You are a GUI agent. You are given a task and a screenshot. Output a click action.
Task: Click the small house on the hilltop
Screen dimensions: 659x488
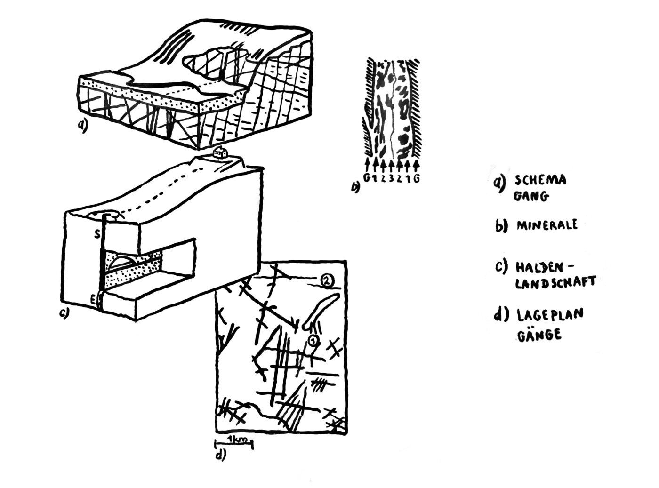[220, 152]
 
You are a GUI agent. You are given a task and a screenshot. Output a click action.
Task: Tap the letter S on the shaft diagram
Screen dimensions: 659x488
[97, 234]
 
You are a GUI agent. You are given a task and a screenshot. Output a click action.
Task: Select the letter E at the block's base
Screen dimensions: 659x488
[93, 301]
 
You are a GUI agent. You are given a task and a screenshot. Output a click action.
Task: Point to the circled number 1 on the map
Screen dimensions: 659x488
[313, 340]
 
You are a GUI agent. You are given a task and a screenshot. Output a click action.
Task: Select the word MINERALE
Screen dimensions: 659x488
[547, 225]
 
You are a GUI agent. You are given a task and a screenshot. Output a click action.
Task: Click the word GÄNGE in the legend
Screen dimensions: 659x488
[539, 334]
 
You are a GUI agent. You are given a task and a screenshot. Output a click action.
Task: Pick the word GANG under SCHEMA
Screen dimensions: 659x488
[530, 197]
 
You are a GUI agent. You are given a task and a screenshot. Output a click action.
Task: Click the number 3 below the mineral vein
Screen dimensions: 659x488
[391, 179]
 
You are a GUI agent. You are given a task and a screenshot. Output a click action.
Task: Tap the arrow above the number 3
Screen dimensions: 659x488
[391, 166]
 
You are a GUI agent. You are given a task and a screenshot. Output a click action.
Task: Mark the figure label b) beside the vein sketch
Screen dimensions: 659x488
[355, 187]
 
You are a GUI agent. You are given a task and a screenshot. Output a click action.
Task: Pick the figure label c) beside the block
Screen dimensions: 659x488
[64, 313]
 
